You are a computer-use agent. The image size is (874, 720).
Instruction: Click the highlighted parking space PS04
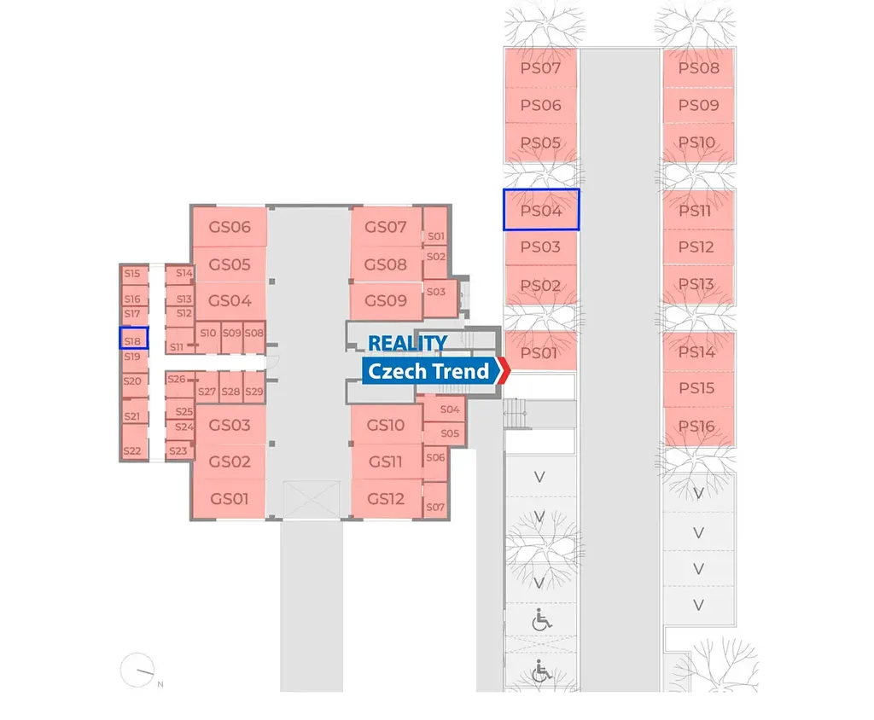tap(541, 210)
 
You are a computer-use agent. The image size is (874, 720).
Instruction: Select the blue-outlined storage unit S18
tap(132, 339)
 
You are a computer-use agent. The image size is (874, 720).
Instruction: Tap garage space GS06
tap(230, 227)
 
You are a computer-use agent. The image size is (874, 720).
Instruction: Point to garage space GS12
tap(386, 498)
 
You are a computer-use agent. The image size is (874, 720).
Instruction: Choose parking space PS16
tap(697, 426)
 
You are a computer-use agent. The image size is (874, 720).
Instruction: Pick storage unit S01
tap(435, 235)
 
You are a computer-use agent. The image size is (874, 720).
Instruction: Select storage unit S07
tap(435, 507)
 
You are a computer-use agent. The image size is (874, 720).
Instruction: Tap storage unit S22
tap(131, 450)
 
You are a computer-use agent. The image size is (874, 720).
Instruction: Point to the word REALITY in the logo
tap(407, 343)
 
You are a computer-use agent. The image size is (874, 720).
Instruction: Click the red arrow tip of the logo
tap(504, 371)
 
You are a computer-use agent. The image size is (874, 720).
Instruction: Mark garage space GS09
tap(386, 300)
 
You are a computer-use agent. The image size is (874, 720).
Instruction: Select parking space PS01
tap(539, 352)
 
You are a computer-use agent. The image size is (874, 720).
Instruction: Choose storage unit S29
tap(254, 392)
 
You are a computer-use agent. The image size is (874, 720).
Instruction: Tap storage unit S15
tap(131, 274)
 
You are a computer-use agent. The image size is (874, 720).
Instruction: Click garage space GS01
tap(230, 498)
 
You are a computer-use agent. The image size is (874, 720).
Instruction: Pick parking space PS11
tap(697, 210)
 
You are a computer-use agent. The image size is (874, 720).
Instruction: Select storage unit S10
tap(207, 333)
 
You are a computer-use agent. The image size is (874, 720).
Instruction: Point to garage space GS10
tap(386, 425)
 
